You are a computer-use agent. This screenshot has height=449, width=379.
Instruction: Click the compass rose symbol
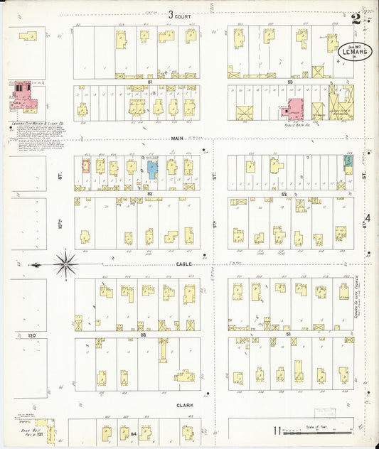point(65,265)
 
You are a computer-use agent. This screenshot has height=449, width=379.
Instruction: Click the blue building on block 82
point(151,169)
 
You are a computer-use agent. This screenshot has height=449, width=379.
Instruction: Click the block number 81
point(150,82)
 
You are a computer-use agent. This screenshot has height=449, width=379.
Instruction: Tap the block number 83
point(143,334)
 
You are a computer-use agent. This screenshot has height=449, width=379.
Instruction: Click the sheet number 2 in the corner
point(354,17)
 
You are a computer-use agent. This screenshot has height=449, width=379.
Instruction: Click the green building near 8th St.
point(348,162)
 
